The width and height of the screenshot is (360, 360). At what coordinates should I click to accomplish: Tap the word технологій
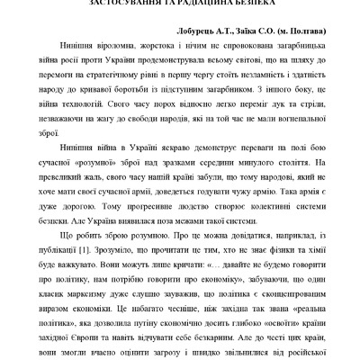click(x=92, y=101)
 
